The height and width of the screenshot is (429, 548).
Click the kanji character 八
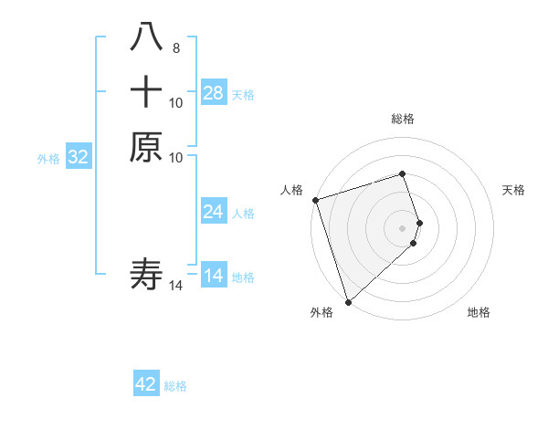(x=146, y=39)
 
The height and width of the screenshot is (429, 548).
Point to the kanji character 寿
(x=146, y=274)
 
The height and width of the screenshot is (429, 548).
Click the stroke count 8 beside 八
(x=175, y=48)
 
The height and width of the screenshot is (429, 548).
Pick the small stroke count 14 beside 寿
(x=176, y=286)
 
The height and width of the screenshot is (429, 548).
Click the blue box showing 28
(x=214, y=93)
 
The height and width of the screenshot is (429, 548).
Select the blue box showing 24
(x=214, y=212)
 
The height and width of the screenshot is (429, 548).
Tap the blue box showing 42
(x=146, y=384)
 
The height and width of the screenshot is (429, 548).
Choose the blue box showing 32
(x=79, y=157)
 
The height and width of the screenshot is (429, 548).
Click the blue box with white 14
(x=214, y=276)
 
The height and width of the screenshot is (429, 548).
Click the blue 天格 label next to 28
(x=243, y=95)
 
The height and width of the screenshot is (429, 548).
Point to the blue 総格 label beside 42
(x=175, y=386)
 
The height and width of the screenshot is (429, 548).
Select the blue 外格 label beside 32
(x=48, y=159)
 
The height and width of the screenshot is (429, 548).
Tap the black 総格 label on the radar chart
(x=403, y=119)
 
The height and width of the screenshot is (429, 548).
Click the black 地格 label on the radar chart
(x=479, y=313)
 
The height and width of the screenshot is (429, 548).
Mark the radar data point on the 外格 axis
(x=348, y=301)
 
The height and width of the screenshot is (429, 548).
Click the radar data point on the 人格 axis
(x=315, y=200)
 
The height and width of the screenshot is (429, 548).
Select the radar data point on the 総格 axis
(x=403, y=173)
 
